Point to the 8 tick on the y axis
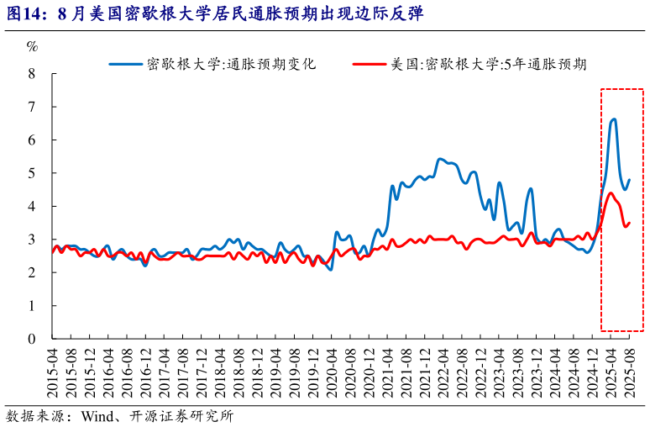coord(32,73)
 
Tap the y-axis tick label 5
coord(32,173)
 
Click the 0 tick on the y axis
coord(32,339)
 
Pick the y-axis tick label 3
coord(32,240)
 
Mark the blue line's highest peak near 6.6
coord(613,119)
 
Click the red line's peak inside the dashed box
coord(610,193)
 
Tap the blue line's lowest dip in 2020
coord(330,269)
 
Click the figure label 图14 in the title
coord(20,13)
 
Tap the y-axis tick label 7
coord(32,107)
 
